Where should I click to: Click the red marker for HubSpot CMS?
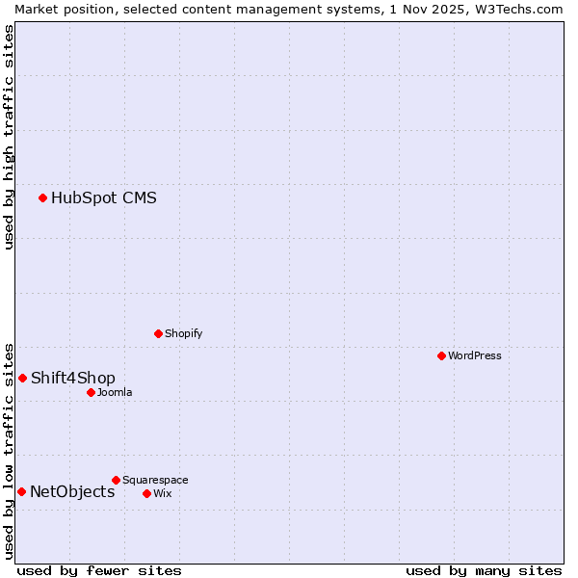pos(42,198)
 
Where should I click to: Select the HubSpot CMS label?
pos(103,198)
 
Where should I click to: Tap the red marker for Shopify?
pos(158,333)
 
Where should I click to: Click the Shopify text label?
pos(183,333)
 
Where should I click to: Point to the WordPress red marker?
pos(441,355)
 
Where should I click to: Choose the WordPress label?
pos(474,355)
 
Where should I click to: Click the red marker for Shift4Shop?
pos(22,378)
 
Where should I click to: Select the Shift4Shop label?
pos(72,378)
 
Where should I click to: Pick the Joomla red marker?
pos(91,392)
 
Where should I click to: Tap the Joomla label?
pos(114,392)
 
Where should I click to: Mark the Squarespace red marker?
pos(116,480)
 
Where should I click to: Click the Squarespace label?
pos(155,480)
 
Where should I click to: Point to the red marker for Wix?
pos(146,493)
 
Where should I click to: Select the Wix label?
pos(162,493)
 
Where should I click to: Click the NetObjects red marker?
pos(21,492)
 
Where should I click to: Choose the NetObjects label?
pos(72,492)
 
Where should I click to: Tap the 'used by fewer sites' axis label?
pos(99,570)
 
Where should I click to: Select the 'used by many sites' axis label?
pos(484,570)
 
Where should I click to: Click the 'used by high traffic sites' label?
pos(9,137)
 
